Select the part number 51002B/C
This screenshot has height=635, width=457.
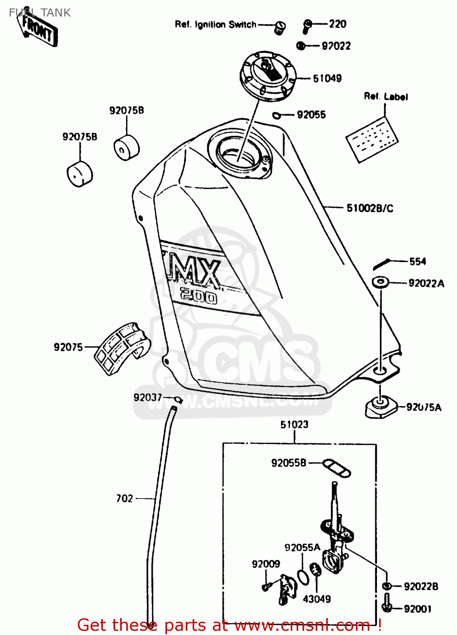(x=370, y=208)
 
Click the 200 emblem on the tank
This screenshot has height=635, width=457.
(x=198, y=295)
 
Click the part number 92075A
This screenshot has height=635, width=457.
(x=424, y=407)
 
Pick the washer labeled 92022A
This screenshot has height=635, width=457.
(x=380, y=282)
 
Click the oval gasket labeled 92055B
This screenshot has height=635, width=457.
(x=336, y=468)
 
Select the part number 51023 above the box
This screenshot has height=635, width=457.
(x=295, y=425)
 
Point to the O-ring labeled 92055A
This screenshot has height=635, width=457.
(x=303, y=577)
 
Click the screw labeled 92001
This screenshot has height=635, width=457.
(x=386, y=603)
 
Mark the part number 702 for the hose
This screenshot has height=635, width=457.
(x=124, y=499)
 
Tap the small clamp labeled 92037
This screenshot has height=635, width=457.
(x=179, y=399)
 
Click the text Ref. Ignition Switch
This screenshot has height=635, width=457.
(x=215, y=25)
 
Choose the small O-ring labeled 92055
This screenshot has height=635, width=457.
(x=276, y=115)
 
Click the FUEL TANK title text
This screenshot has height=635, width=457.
(x=40, y=13)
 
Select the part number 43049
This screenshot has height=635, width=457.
(x=317, y=599)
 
